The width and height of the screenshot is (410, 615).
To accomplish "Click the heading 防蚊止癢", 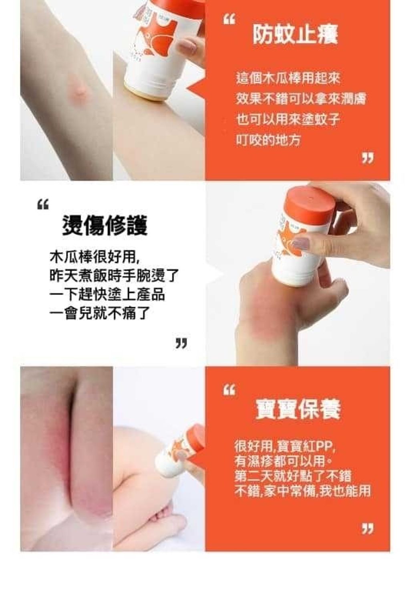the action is pos(295,34).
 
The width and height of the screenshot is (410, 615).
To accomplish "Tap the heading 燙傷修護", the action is pos(105,225).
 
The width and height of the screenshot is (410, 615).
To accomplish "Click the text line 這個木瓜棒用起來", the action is pos(288,78).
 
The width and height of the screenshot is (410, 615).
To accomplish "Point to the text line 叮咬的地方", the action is pos(269,140).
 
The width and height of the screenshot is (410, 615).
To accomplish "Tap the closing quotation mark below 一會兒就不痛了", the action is pos(181,343).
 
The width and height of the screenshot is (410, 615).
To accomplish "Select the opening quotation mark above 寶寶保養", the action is pos(229,390).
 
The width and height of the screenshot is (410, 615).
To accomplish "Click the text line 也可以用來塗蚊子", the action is pos(288,119).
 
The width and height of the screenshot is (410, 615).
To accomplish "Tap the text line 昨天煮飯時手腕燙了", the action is pos(114,275).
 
